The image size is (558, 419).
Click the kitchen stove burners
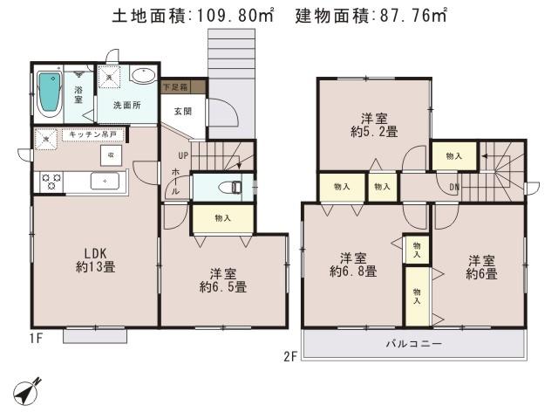tap(50, 182)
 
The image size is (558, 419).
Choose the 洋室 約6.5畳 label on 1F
tap(222, 279)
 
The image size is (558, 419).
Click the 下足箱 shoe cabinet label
tap(183, 87)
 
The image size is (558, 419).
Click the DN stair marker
tap(455, 186)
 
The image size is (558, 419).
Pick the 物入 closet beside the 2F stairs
tap(453, 155)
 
